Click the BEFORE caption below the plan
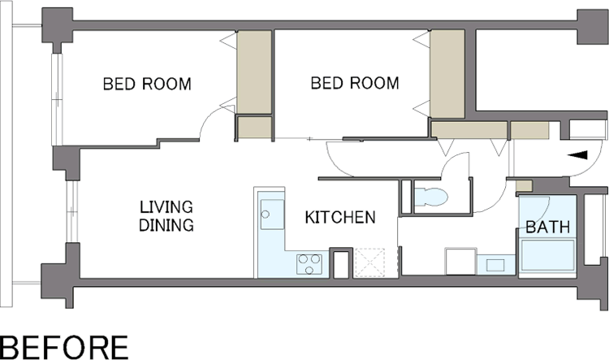click(63, 347)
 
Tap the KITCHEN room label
click(340, 218)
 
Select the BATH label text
click(548, 227)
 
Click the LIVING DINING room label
click(166, 216)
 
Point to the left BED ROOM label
click(147, 84)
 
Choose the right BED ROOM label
click(355, 83)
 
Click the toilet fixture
click(431, 197)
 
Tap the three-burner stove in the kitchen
click(309, 264)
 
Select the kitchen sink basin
click(272, 215)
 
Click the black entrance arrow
click(577, 155)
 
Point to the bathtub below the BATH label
click(547, 255)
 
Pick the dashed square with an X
click(370, 262)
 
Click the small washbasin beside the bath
click(495, 265)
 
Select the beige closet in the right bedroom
click(447, 74)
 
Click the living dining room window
click(72, 211)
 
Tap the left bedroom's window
click(57, 99)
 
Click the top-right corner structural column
click(592, 27)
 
